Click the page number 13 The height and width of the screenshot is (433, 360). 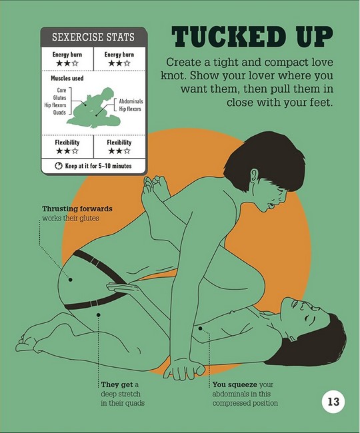click(333, 401)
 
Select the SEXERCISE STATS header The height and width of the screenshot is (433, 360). click(93, 37)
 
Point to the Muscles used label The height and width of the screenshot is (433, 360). click(67, 79)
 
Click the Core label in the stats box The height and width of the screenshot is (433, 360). click(61, 91)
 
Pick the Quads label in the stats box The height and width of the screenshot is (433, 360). click(60, 113)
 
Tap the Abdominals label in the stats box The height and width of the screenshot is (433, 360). click(131, 101)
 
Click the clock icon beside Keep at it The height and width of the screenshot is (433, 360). click(58, 166)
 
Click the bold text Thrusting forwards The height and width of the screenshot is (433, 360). click(77, 209)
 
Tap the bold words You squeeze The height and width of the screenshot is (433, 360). click(235, 384)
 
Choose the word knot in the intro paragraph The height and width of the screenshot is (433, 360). click(173, 76)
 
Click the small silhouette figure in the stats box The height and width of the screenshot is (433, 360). click(93, 108)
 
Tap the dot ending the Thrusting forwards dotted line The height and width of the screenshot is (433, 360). click(71, 280)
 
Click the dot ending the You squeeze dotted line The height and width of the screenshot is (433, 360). click(200, 328)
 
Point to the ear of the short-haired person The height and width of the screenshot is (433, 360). click(255, 175)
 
